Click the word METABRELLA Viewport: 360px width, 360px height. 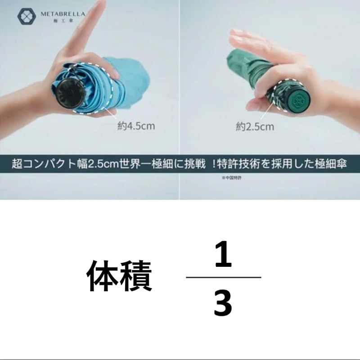click(x=62, y=14)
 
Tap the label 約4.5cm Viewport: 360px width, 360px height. click(x=136, y=126)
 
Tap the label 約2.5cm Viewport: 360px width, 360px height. click(x=255, y=126)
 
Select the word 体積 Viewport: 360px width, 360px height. click(x=120, y=275)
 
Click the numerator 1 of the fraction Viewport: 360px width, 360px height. click(x=223, y=254)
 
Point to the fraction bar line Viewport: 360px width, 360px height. click(x=224, y=277)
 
